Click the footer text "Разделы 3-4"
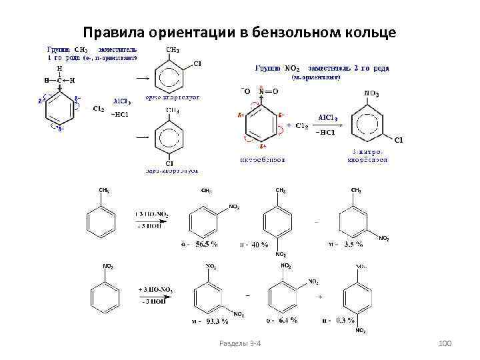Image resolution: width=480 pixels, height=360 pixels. click(x=240, y=343)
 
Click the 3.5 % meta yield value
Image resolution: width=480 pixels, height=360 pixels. click(x=352, y=245)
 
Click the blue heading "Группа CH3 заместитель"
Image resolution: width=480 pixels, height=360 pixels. click(x=91, y=49)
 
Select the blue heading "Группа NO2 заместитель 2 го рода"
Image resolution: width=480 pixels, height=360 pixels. click(x=323, y=68)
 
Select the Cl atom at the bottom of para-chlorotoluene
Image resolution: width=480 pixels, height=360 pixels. click(x=169, y=163)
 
